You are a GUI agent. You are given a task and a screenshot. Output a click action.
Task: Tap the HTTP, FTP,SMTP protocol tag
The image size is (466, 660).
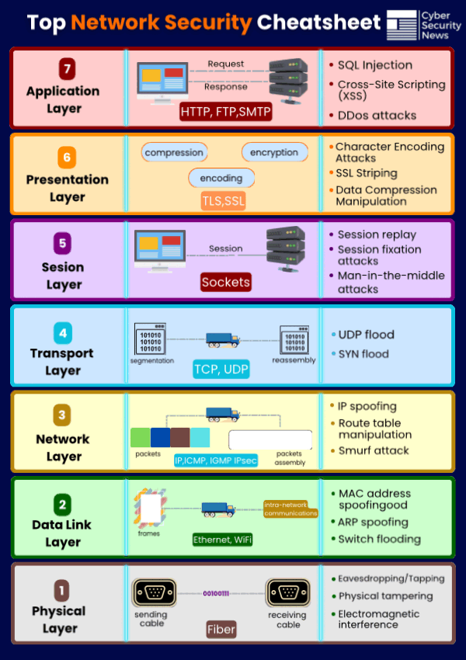tap(225, 112)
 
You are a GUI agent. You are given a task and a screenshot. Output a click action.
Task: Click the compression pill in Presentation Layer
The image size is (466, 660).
tap(174, 153)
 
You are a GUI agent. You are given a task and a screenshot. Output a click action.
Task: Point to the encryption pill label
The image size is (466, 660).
tap(274, 153)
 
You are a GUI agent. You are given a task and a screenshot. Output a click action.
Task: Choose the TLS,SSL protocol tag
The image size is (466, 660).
tap(223, 201)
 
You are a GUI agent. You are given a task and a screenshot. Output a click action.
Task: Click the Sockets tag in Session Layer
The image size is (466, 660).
tap(225, 282)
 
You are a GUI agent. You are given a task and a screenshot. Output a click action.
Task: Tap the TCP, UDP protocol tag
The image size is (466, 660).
tap(221, 369)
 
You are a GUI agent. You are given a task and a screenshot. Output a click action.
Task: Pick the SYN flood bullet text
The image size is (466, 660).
tap(363, 354)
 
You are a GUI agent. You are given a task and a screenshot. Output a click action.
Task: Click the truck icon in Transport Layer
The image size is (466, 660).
tap(222, 339)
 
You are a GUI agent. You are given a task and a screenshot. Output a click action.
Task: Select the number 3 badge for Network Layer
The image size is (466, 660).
tap(62, 415)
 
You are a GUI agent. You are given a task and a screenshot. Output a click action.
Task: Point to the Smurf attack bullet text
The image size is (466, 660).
tap(374, 450)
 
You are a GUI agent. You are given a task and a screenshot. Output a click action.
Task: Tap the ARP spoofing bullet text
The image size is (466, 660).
tap(373, 523)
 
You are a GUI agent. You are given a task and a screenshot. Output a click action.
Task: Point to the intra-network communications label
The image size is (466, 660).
tap(290, 509)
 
